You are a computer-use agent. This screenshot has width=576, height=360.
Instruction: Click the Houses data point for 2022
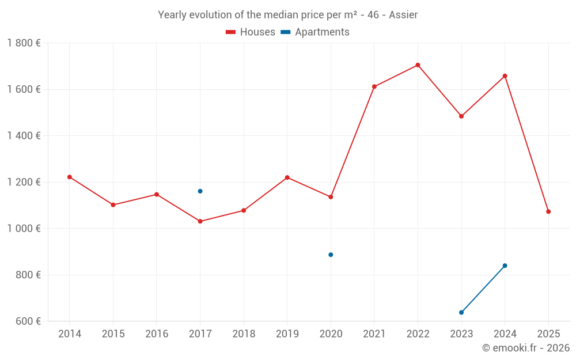click(x=418, y=65)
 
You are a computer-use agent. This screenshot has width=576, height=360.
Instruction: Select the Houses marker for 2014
click(x=70, y=177)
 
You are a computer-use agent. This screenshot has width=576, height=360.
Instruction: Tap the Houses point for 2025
click(x=548, y=211)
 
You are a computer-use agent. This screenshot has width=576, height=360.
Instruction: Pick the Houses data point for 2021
click(x=374, y=86)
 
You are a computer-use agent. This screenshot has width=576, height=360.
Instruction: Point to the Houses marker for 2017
click(x=200, y=221)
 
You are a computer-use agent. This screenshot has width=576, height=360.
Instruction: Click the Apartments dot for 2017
click(x=200, y=191)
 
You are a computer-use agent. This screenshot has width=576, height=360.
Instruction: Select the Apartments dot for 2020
click(x=331, y=255)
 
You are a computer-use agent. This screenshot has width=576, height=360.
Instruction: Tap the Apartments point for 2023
click(x=461, y=312)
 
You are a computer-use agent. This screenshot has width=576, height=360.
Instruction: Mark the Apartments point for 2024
click(x=505, y=266)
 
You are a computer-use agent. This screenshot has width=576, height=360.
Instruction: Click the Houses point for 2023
click(x=461, y=116)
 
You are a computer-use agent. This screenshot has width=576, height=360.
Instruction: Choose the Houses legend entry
click(x=251, y=32)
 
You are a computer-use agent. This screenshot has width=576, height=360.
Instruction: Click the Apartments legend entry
click(x=316, y=32)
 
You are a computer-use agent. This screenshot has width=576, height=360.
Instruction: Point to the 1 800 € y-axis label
click(x=24, y=43)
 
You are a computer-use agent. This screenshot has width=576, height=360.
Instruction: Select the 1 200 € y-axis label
click(x=24, y=182)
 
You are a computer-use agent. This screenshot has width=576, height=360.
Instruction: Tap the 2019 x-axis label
click(x=287, y=334)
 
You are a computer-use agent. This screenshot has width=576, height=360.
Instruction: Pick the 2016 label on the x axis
click(x=157, y=334)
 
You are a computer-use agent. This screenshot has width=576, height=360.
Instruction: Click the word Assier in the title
click(x=403, y=15)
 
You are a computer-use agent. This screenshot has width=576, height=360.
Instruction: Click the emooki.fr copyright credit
click(x=526, y=348)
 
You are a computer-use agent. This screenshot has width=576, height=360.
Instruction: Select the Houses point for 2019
click(x=287, y=177)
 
